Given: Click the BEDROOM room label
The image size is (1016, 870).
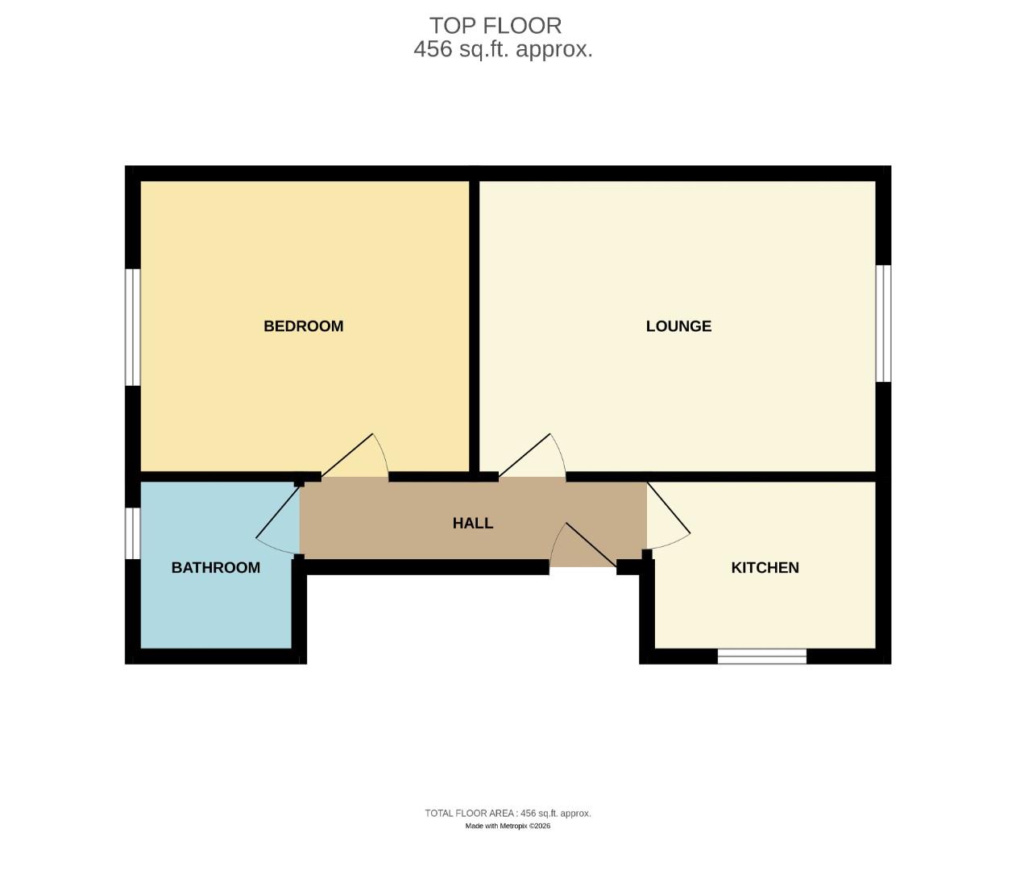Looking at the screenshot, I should pos(304,326).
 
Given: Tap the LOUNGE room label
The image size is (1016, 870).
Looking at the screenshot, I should pos(678,326).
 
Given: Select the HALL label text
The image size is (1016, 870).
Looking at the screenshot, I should pos(472,524).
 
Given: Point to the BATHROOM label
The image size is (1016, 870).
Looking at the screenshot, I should pos(216,568).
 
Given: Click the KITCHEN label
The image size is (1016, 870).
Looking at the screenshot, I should pos(765,568).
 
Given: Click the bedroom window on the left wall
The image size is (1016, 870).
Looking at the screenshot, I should pos(133,327).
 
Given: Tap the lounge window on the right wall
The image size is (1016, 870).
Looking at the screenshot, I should pos(883,323).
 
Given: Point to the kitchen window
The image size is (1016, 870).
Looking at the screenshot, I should pos(761,657).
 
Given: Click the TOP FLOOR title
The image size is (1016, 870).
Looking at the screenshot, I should pos(496,26).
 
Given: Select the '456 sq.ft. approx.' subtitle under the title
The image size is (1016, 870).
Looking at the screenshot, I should pos(503,49).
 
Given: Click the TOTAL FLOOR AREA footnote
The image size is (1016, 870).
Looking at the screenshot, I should pos(508,814).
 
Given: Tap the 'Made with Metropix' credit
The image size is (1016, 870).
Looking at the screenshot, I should pos(508,826).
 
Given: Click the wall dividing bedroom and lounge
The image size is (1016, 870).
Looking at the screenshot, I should pos(475,322).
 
